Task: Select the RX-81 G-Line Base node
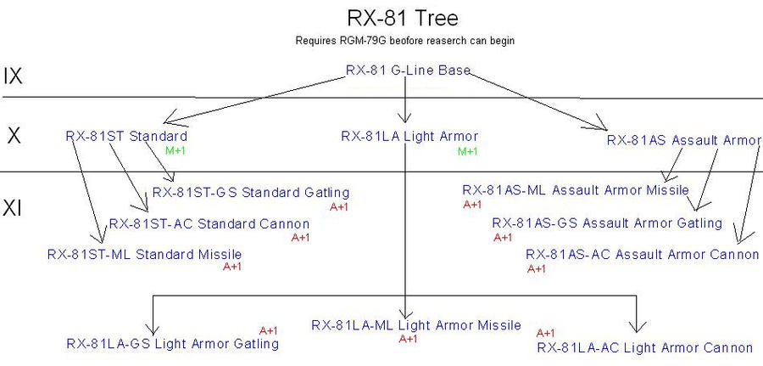click(408, 71)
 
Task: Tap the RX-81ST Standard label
click(126, 136)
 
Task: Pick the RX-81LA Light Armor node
click(409, 136)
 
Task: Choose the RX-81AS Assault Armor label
click(684, 140)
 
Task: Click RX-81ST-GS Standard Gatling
click(251, 193)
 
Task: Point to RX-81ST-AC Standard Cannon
click(209, 224)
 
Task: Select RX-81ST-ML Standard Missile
click(145, 254)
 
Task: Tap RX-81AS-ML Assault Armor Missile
click(576, 190)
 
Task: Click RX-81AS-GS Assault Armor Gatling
click(607, 222)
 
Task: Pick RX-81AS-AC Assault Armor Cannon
click(643, 254)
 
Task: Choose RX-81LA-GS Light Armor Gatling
click(173, 344)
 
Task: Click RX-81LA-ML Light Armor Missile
click(416, 325)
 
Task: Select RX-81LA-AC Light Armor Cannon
click(644, 347)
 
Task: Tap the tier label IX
click(13, 76)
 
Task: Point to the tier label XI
click(14, 207)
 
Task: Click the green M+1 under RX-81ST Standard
click(175, 151)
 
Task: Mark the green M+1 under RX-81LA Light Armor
click(468, 151)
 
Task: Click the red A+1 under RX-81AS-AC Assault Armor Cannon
click(537, 269)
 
